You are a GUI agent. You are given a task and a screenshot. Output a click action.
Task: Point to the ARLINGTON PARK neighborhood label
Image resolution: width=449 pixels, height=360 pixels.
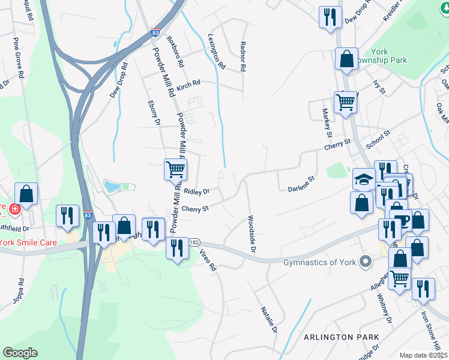tap(336, 337)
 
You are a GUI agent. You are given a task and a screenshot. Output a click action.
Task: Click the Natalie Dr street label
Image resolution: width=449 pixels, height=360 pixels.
tap(268, 320)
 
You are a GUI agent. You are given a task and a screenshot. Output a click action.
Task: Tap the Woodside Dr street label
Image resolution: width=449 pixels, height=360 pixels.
tap(252, 234)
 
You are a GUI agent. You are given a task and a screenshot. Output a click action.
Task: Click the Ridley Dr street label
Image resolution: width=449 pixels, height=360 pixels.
tap(196, 192)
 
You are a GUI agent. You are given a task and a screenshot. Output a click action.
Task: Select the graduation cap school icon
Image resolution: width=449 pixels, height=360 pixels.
tap(364, 179)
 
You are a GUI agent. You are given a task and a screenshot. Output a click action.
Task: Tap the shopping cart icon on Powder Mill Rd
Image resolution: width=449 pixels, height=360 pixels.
tap(175, 169)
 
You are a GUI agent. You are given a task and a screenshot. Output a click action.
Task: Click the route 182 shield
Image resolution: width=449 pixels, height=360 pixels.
tap(193, 242)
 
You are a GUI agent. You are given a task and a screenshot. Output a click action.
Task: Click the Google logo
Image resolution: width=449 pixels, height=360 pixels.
tap(20, 352)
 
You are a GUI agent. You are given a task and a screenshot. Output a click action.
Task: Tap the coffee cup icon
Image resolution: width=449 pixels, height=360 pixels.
tap(400, 220)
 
